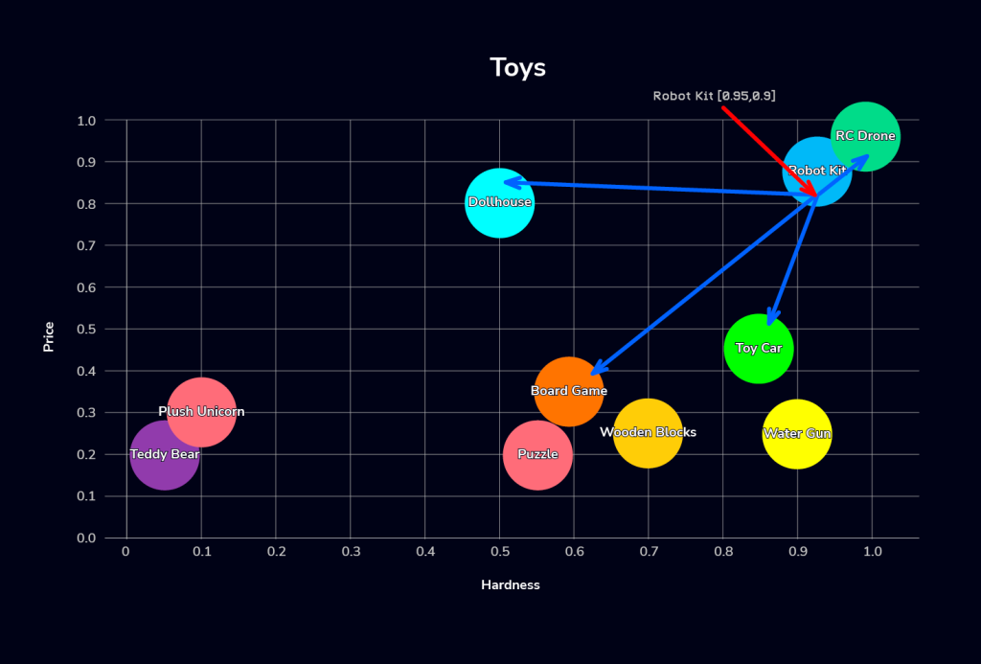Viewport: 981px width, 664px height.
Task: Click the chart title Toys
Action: pos(517,68)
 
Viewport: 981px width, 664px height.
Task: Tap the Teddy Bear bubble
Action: pos(165,455)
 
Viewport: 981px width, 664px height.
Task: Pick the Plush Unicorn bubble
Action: pos(201,412)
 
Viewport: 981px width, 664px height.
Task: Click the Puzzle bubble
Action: pos(537,455)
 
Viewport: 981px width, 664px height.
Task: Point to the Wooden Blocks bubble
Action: pos(649,433)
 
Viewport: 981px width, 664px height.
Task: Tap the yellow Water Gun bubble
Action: pos(797,434)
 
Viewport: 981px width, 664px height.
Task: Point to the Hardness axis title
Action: pos(510,584)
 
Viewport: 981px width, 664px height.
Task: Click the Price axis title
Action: pos(48,336)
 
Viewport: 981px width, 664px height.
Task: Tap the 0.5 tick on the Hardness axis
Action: pos(499,552)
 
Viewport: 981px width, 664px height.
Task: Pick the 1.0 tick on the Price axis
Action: pos(86,121)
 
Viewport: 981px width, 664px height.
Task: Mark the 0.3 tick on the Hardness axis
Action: pos(350,552)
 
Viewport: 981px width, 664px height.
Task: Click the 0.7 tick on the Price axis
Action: pos(86,246)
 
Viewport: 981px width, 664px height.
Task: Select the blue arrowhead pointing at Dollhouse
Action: pos(511,182)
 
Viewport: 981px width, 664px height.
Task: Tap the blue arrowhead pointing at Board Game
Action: pos(596,371)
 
